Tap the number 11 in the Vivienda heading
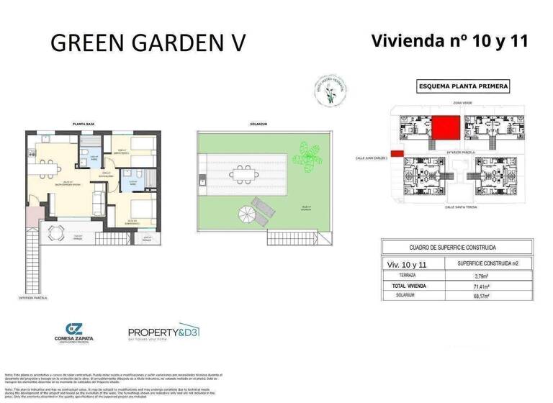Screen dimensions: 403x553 pyautogui.click(x=516, y=41)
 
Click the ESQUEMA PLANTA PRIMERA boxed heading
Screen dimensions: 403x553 pyautogui.click(x=463, y=87)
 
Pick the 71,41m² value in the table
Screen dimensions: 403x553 pyautogui.click(x=482, y=286)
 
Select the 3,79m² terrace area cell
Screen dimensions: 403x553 pyautogui.click(x=482, y=276)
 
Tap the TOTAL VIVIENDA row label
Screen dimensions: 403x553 pyautogui.click(x=408, y=286)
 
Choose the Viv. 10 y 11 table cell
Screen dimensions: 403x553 pyautogui.click(x=407, y=264)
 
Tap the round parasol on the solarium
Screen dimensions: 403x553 pyautogui.click(x=246, y=212)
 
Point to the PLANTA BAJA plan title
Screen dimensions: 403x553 pyautogui.click(x=84, y=124)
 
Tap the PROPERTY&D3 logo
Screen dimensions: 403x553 pyautogui.click(x=163, y=333)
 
